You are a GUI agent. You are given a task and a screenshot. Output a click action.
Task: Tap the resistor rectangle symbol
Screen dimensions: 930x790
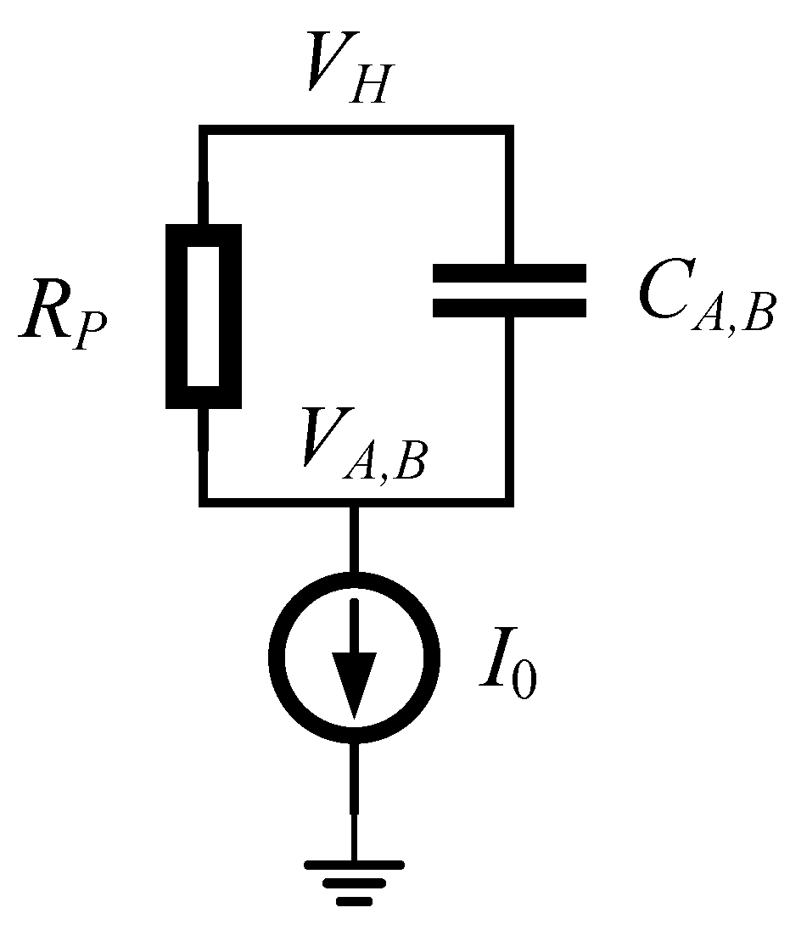pos(204,315)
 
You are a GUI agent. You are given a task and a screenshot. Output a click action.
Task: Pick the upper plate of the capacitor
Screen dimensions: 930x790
pos(508,273)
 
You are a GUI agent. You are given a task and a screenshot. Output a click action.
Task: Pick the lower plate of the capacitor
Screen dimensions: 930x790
pos(508,307)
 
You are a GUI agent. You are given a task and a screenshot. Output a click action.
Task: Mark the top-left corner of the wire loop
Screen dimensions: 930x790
pos(203,129)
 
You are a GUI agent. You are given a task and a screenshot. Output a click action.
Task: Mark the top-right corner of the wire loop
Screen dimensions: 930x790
pos(509,129)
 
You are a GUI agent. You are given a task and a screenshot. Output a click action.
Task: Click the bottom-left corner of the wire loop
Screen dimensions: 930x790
pos(203,501)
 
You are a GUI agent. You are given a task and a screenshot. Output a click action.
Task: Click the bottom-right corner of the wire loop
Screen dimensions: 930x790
pos(509,501)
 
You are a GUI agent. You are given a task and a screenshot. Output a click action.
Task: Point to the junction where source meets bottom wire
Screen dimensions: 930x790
pos(354,502)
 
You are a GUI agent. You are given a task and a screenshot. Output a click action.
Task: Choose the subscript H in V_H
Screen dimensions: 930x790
pos(374,81)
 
